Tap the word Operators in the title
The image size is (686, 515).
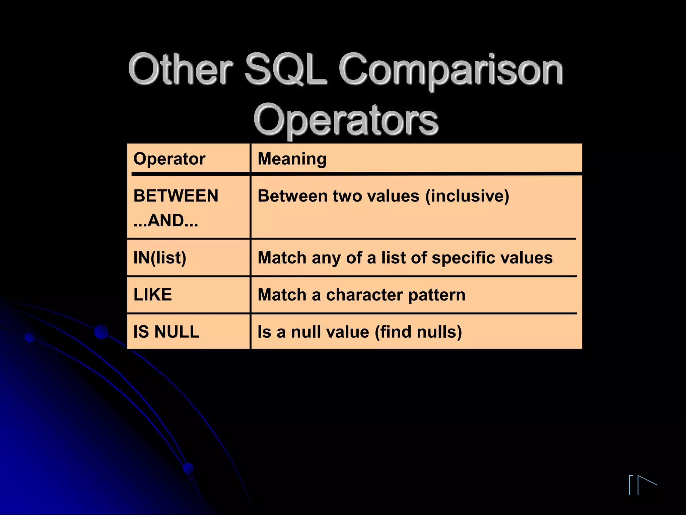346,120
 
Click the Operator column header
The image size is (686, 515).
169,159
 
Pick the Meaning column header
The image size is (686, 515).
292,159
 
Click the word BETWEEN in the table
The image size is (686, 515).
176,196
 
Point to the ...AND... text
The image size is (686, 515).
166,221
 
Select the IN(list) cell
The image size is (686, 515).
160,258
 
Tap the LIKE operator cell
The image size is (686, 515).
153,295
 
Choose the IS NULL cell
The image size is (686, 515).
166,332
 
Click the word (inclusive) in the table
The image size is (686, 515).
467,196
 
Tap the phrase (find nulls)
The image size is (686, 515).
418,332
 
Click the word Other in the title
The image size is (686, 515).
180,69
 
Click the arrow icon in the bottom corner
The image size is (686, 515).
643,484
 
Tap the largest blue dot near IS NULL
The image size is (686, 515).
101,332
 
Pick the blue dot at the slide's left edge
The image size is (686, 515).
30,337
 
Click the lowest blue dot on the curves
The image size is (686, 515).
189,468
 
